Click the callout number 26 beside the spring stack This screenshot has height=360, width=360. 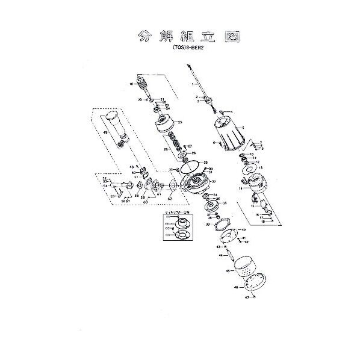(166, 149)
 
